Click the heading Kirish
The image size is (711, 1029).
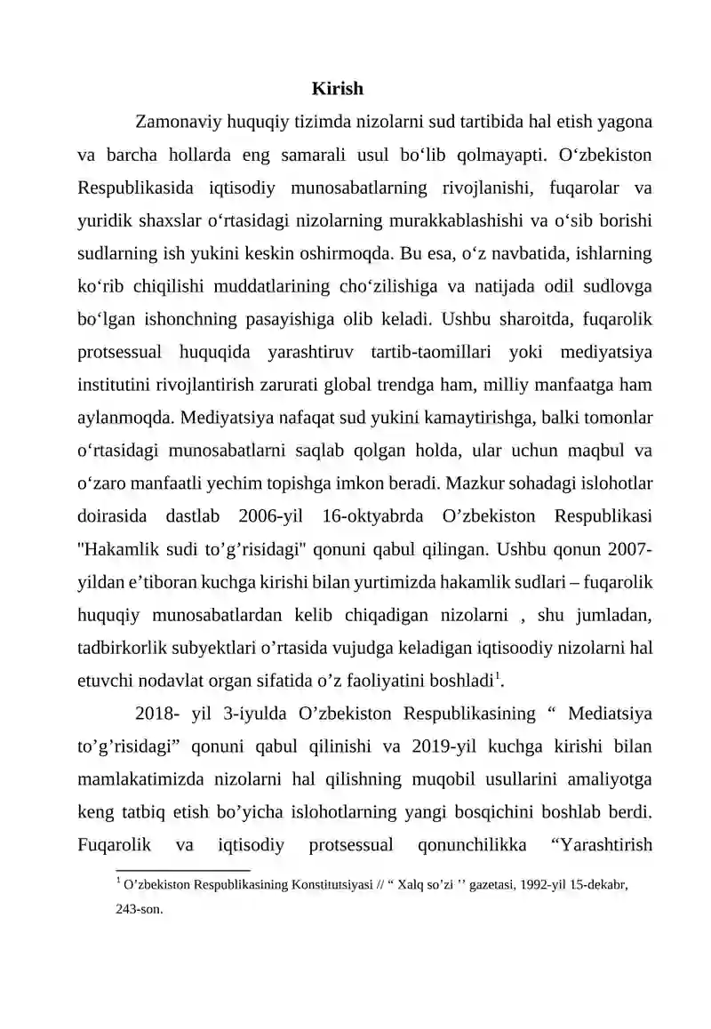(337, 89)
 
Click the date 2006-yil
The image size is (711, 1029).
(268, 516)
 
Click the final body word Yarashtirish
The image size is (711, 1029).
(601, 845)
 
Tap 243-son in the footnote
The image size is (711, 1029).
(140, 909)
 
